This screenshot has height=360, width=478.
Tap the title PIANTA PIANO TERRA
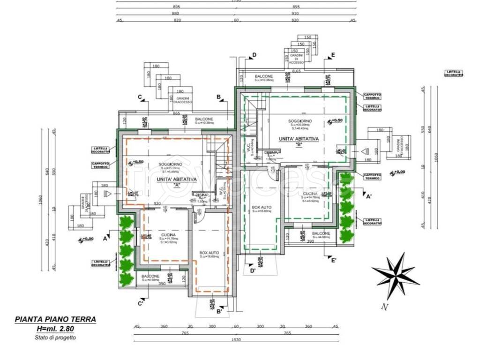click(55, 319)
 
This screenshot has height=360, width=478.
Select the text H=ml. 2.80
click(56, 329)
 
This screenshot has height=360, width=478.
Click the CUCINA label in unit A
click(168, 234)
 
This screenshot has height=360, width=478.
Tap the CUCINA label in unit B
click(310, 194)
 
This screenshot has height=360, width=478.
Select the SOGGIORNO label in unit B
click(300, 121)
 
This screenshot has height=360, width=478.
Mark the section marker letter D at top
click(254, 55)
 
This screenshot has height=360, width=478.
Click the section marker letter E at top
click(333, 55)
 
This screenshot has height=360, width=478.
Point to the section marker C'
click(140, 304)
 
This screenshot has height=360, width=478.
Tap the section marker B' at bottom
click(219, 310)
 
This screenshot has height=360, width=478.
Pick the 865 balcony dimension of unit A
click(176, 113)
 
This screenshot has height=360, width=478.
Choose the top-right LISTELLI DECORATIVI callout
click(454, 73)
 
